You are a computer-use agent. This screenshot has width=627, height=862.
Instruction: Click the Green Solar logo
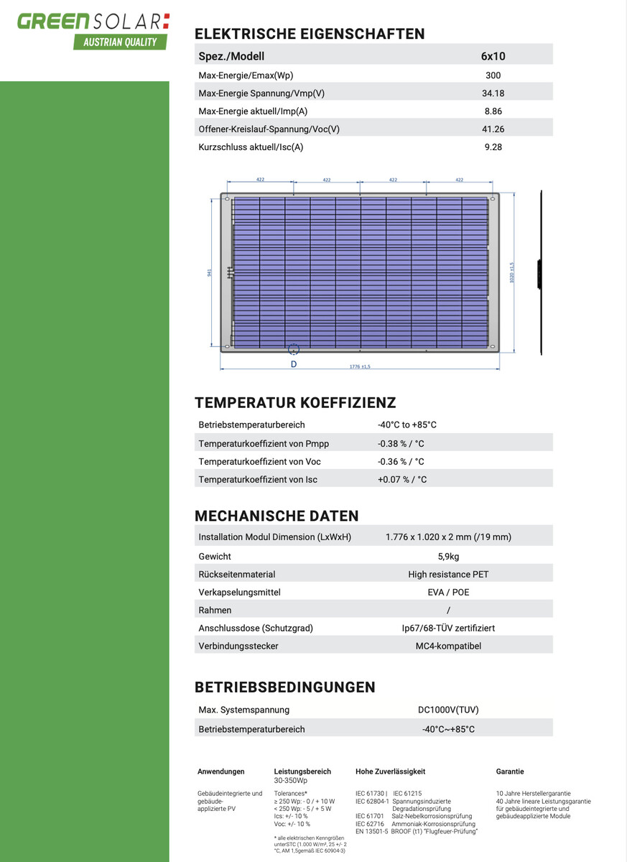tap(93, 21)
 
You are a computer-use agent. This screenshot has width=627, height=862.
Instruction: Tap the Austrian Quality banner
tap(120, 42)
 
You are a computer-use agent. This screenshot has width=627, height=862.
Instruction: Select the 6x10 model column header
tap(493, 56)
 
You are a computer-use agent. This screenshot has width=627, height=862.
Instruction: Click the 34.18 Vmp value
tap(493, 93)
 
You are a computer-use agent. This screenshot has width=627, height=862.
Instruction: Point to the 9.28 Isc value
tap(493, 147)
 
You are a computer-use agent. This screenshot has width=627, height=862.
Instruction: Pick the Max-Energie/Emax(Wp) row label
tap(246, 75)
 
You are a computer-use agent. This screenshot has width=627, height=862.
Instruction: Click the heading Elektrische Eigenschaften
tap(310, 34)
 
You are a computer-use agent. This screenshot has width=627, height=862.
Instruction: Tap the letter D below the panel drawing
tap(294, 364)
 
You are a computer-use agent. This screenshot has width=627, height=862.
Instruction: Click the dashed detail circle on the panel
tap(294, 349)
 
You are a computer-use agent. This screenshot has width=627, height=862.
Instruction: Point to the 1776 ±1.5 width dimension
tap(360, 367)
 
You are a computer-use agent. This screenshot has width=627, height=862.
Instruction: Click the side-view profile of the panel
tap(539, 273)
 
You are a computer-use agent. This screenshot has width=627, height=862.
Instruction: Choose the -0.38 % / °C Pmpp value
tap(401, 443)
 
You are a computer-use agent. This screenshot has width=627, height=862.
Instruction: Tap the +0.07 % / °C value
tap(401, 479)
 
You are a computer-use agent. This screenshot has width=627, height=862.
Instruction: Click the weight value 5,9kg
tap(448, 557)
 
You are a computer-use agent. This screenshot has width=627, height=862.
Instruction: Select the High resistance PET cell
tap(448, 575)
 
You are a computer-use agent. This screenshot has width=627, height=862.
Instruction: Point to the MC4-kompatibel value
tap(448, 646)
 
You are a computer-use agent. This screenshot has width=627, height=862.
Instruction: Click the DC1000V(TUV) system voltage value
tap(448, 710)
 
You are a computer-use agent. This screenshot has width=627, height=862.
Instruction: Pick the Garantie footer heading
tap(510, 771)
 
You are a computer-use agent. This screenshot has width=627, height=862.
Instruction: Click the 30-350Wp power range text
tap(291, 780)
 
